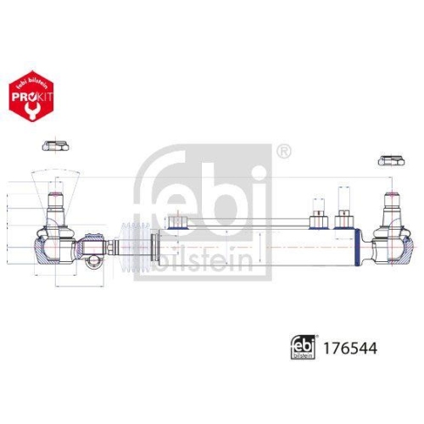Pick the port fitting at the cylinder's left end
[177, 222]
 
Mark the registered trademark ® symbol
[285, 153]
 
